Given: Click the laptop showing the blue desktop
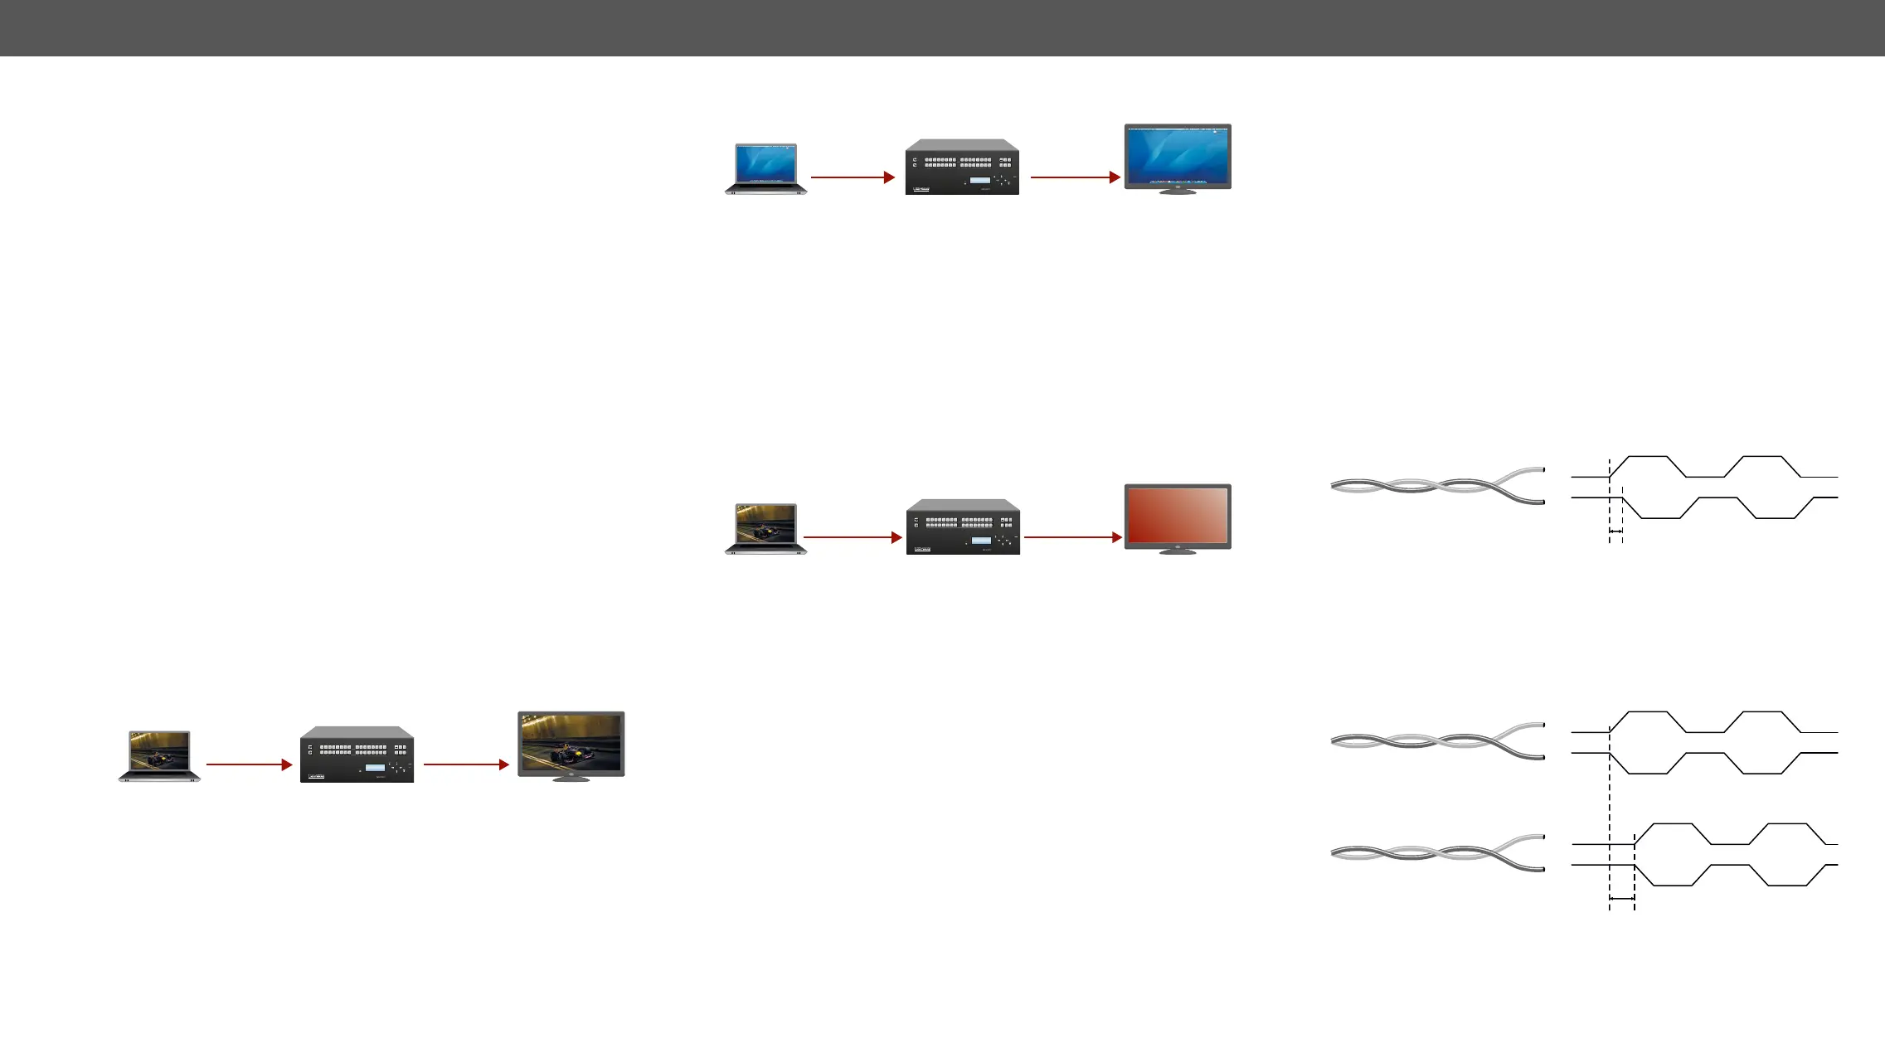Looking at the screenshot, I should pos(765,168).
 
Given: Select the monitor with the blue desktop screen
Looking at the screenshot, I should pos(1177,156).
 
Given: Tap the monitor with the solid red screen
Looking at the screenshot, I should pos(1177,516).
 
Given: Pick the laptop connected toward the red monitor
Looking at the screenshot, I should pos(765,528).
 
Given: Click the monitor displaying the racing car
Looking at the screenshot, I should pos(571,743).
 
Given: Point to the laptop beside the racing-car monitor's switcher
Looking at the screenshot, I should pos(159,755).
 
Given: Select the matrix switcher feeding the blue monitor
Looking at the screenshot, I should pos(962,167).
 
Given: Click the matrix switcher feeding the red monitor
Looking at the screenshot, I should pos(963,527).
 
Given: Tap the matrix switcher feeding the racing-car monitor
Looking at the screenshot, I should pos(357,755).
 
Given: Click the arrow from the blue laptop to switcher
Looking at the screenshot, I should pos(852,177).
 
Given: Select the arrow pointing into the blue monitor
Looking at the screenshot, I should pos(1075,177).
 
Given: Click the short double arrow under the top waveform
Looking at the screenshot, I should pos(1615,531).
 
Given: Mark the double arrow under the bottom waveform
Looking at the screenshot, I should pos(1621,898).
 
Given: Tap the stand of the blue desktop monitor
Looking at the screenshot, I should pos(1177,191).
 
